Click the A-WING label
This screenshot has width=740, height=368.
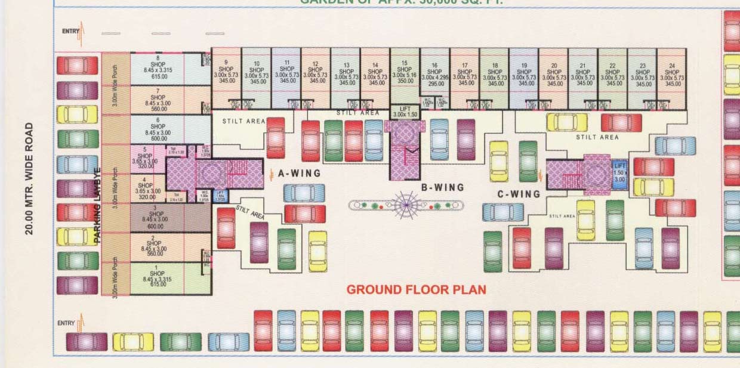pos(299,174)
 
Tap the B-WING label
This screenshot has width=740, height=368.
pos(442,187)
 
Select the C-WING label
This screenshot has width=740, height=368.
pos(519,194)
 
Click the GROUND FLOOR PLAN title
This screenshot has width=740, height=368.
pos(416,290)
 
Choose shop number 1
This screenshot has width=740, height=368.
pos(157,277)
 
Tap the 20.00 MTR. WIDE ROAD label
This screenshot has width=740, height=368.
pos(29,179)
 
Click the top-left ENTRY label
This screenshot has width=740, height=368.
pos(70,31)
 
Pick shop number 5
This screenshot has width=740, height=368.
pos(145,158)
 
